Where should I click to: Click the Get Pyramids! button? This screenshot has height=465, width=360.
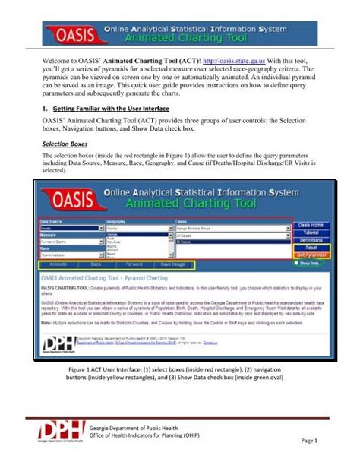(x=312, y=255)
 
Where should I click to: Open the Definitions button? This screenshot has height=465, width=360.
(x=312, y=240)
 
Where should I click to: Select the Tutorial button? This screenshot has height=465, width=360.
(x=312, y=232)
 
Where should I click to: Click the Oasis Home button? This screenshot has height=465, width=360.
(x=312, y=225)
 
